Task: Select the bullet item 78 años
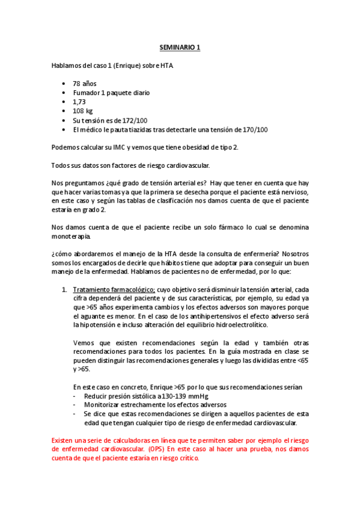[x=85, y=84]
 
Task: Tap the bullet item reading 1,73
[x=79, y=102]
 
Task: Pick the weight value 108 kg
[x=83, y=111]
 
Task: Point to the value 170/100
[x=252, y=129]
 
